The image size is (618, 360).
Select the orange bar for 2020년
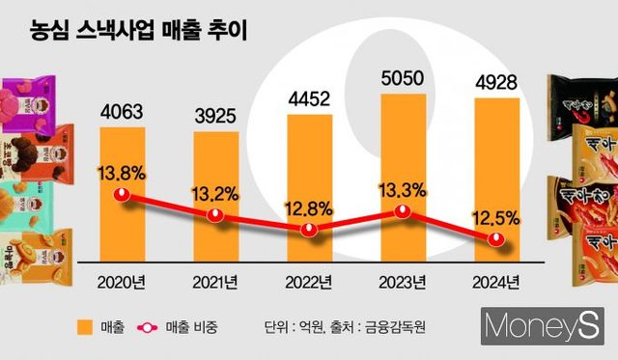click(122, 193)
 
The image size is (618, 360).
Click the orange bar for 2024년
click(495, 179)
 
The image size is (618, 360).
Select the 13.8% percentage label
click(122, 174)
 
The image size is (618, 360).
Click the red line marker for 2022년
click(309, 230)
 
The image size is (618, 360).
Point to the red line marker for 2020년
click(122, 196)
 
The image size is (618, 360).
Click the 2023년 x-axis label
click(403, 282)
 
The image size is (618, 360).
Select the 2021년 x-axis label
click(216, 282)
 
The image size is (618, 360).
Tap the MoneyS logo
click(541, 326)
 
